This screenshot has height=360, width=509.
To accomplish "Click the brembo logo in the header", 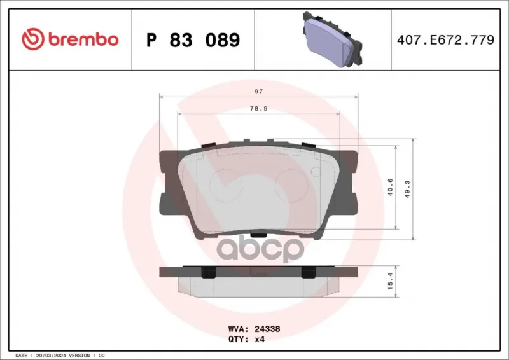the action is click(70, 39).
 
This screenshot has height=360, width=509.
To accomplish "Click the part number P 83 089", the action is click(193, 40).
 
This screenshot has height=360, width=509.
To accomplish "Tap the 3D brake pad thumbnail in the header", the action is click(332, 39).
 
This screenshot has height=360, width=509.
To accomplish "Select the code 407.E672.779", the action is click(445, 39).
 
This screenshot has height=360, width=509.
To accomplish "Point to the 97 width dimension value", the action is click(258, 92).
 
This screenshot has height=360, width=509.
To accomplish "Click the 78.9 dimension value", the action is click(258, 108).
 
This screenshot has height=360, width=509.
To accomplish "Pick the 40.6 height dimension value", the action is click(390, 187).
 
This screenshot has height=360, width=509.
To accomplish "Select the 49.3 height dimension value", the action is click(408, 190).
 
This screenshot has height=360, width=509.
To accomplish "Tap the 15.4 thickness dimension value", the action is click(390, 280).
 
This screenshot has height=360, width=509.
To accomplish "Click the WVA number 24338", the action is click(267, 329).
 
